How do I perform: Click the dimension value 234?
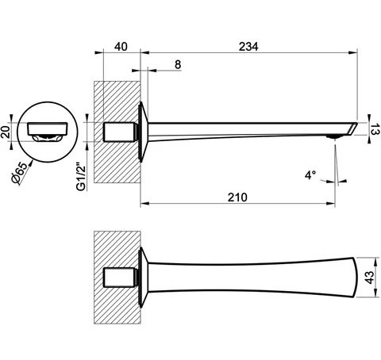click(248, 47)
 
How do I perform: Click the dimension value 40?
click(121, 47)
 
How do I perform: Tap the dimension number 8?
click(178, 64)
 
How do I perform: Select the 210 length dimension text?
click(237, 197)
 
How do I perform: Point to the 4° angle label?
click(310, 175)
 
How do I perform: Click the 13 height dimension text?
click(374, 128)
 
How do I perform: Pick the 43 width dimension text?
click(369, 278)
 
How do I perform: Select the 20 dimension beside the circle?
click(6, 132)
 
